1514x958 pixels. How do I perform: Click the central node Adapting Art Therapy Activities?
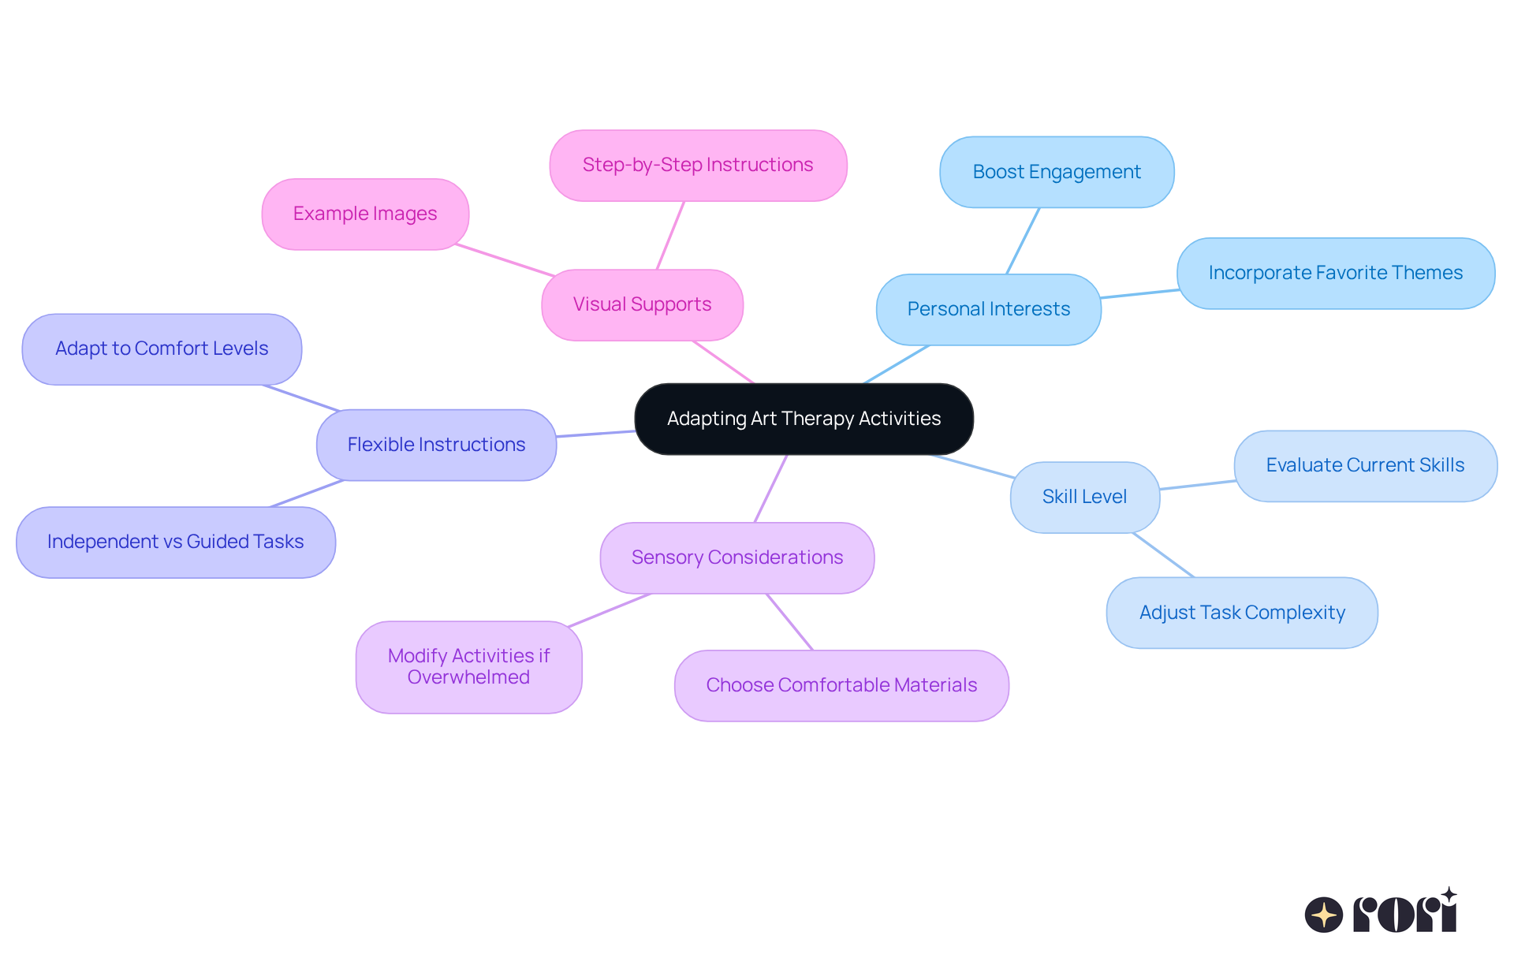[x=804, y=419]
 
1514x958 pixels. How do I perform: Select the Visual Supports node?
[x=642, y=304]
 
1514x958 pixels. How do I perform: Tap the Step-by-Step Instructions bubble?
[x=698, y=165]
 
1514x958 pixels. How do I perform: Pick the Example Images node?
[x=365, y=214]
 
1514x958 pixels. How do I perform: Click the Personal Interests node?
[x=988, y=309]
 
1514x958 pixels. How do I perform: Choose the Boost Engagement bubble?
[x=1056, y=172]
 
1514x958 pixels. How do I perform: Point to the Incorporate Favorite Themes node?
[x=1335, y=273]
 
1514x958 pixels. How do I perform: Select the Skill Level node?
[x=1084, y=497]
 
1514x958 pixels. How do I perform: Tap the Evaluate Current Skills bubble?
[x=1365, y=465]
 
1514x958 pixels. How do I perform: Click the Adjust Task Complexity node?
[x=1242, y=613]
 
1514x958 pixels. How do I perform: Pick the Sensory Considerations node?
[x=736, y=557]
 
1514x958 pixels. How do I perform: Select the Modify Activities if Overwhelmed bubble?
[x=468, y=666]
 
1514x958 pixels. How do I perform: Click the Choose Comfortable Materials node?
[x=841, y=685]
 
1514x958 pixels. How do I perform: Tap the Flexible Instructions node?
[x=436, y=445]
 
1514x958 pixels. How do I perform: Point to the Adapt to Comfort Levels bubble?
[x=162, y=349]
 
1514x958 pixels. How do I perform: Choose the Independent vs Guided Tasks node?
[x=175, y=542]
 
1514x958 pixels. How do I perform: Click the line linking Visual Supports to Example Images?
[x=505, y=260]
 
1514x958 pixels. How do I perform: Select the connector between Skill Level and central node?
[x=973, y=467]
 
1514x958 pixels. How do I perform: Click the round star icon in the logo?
[x=1323, y=915]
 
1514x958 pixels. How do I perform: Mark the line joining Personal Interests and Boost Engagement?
[x=1023, y=240]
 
